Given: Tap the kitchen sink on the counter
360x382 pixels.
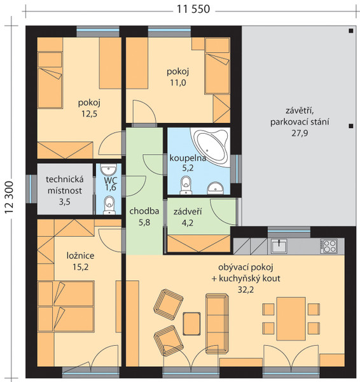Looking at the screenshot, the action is (279, 246).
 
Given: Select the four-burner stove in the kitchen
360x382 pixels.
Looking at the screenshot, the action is (329, 246).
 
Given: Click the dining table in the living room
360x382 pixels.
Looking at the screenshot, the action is (291, 319).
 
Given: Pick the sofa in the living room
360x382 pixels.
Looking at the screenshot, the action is (217, 324).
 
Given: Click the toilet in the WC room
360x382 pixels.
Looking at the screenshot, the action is (109, 205).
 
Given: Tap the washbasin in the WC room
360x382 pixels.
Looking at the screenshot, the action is (109, 169).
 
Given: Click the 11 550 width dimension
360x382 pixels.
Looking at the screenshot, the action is (193, 10).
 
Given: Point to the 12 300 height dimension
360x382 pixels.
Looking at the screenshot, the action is (9, 197).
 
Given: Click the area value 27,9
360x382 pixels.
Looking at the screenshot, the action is (300, 133).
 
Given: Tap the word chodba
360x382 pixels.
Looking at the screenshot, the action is (144, 211).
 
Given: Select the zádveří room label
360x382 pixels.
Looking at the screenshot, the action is (188, 211).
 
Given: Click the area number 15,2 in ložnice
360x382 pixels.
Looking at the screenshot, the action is (81, 267).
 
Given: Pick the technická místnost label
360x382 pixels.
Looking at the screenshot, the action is (65, 185).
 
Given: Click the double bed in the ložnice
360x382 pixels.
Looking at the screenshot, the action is (66, 306).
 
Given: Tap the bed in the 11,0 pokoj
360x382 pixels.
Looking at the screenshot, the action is (217, 66).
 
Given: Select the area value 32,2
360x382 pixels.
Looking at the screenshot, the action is (246, 290).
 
